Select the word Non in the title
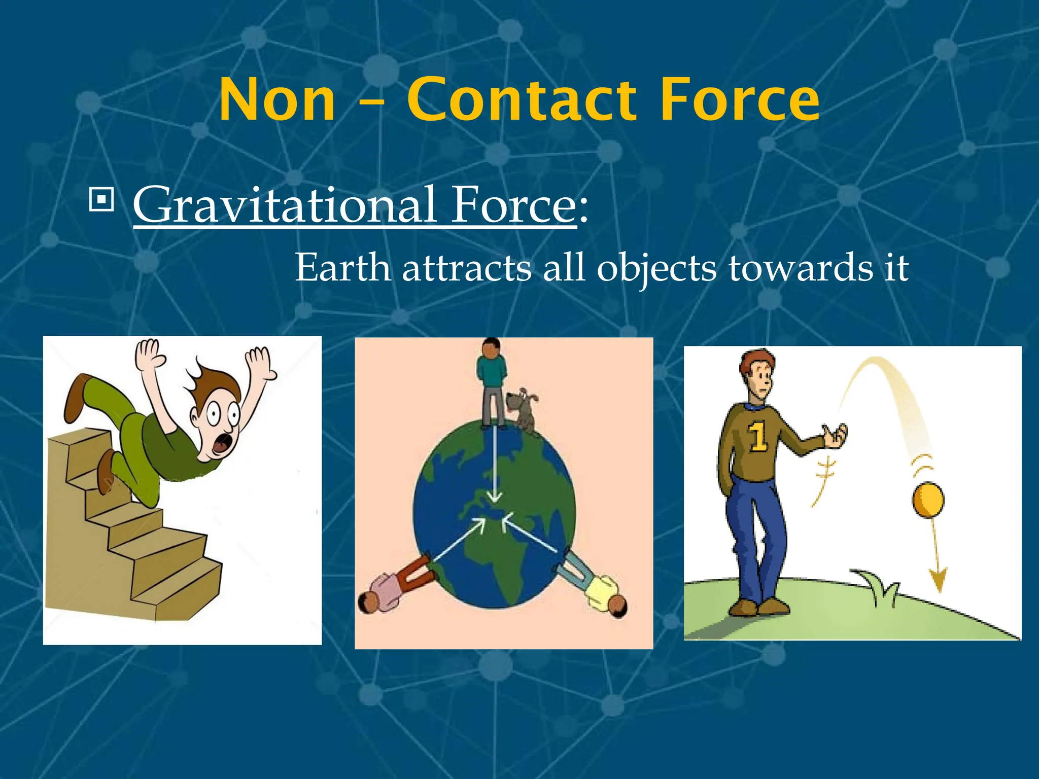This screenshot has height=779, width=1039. coord(278,101)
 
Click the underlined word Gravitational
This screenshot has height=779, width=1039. coord(284,205)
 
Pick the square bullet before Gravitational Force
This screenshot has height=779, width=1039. coord(101,199)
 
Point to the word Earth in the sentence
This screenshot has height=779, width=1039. coord(342,268)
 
